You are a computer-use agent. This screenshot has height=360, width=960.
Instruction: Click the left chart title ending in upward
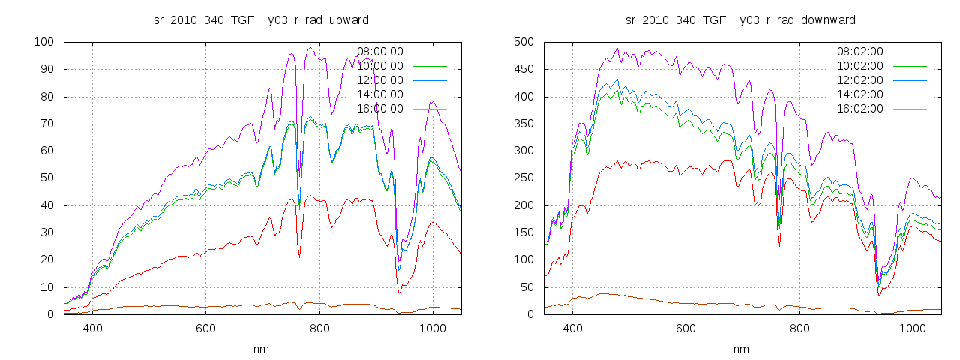[x=261, y=19]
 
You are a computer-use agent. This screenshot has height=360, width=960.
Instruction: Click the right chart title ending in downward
[x=741, y=19]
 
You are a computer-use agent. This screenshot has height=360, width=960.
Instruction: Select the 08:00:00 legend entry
[x=380, y=52]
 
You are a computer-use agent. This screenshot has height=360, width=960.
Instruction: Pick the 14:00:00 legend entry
[x=380, y=94]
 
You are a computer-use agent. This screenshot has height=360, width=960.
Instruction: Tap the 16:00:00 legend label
[x=380, y=109]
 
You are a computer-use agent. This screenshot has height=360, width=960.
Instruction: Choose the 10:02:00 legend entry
[x=860, y=66]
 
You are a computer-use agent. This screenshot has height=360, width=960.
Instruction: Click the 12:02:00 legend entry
[x=860, y=80]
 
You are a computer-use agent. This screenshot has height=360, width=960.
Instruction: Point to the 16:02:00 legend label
[x=860, y=109]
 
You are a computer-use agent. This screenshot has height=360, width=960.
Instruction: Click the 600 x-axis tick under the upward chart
[x=206, y=328]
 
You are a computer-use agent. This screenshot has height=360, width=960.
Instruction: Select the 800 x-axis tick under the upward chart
[x=319, y=328]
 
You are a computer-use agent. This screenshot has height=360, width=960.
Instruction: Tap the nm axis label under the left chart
[x=261, y=349]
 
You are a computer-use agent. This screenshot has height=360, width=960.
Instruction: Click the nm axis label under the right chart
[x=741, y=349]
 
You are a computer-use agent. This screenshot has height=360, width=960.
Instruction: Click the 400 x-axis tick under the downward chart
[x=573, y=328]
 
